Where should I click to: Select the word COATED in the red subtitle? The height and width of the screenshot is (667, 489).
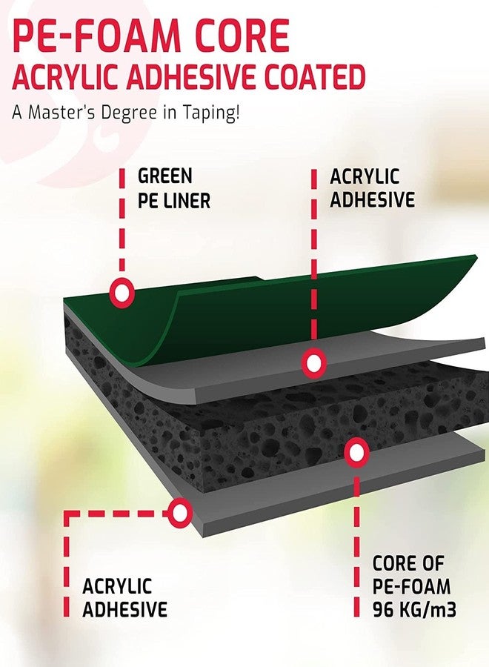(315, 77)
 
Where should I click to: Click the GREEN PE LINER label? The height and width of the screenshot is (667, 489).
(174, 188)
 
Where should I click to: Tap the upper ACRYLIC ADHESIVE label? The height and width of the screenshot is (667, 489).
(372, 188)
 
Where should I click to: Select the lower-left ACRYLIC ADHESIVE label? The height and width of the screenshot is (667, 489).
(124, 597)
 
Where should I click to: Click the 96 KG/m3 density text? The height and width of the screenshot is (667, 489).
(415, 610)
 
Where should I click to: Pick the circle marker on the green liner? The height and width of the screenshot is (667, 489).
(122, 293)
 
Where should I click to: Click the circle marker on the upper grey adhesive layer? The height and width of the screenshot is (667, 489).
(314, 363)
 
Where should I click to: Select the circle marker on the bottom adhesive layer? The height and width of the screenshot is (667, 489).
(180, 513)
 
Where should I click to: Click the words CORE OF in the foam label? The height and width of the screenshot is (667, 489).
(408, 564)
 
